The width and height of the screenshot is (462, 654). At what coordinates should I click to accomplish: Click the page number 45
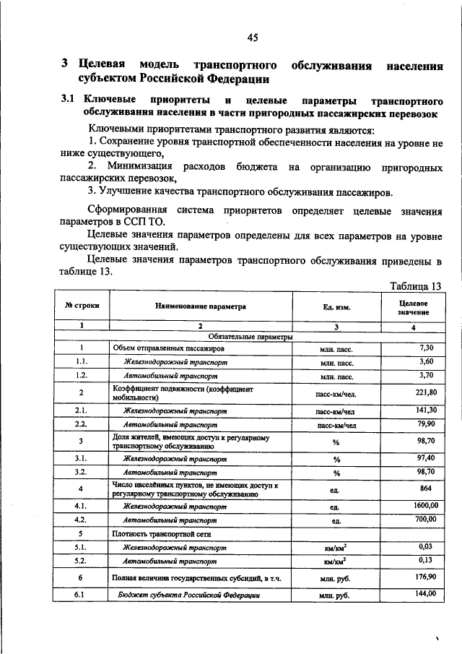(x=253, y=38)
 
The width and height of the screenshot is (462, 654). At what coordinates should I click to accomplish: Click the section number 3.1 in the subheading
(x=68, y=100)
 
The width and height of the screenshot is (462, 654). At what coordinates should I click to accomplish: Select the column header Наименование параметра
(x=201, y=306)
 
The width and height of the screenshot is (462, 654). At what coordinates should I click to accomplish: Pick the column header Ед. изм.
(x=336, y=307)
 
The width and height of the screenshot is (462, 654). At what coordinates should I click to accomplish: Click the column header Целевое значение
(x=413, y=306)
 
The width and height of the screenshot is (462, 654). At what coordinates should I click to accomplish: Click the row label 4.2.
(x=81, y=520)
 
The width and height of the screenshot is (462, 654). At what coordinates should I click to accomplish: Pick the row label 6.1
(x=81, y=596)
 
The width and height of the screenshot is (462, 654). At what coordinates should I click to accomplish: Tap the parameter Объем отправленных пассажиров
(x=168, y=348)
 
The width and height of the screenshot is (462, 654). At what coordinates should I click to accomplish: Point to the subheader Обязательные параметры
(x=250, y=337)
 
